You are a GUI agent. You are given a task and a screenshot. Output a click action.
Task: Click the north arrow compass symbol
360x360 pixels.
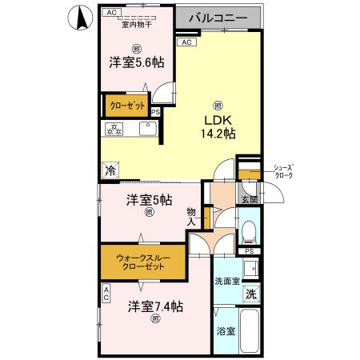pyautogui.click(x=80, y=18)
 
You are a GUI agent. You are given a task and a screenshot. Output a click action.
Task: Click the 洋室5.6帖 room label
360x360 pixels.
pyautogui.click(x=135, y=62)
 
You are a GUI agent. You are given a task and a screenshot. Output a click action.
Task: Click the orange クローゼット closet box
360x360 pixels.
pyautogui.click(x=125, y=105)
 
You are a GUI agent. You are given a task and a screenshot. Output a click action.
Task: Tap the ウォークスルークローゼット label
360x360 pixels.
pyautogui.click(x=140, y=262)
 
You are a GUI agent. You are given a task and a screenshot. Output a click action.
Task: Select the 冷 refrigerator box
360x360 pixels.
pyautogui.click(x=110, y=170)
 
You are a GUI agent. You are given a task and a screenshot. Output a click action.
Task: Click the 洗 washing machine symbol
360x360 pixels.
pyautogui.click(x=251, y=294)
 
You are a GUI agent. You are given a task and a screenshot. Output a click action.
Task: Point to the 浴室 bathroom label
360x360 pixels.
pyautogui.click(x=225, y=330)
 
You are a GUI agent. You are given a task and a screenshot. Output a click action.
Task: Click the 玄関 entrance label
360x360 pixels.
pyautogui.click(x=248, y=199)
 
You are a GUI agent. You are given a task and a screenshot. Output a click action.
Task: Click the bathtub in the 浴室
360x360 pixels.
pyautogui.click(x=250, y=332)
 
